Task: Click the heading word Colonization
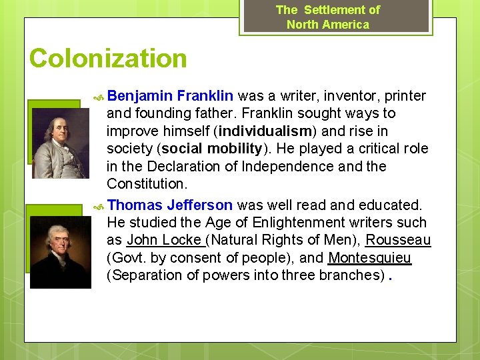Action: [108, 59]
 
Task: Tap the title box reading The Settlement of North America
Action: [328, 17]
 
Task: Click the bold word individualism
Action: [270, 131]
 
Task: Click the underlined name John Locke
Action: [164, 240]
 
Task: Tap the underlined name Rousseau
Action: [398, 240]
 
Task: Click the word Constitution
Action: [146, 183]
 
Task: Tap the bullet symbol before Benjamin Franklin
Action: [98, 96]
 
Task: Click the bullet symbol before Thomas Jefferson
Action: [98, 205]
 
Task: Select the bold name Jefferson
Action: [199, 205]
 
